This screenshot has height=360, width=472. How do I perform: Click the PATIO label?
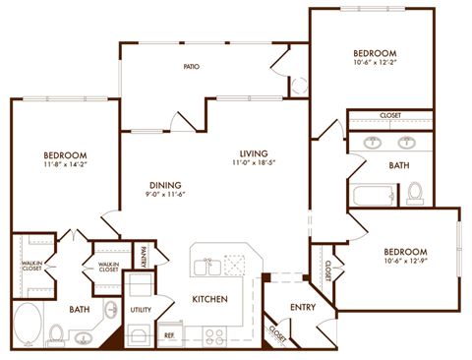point(193,68)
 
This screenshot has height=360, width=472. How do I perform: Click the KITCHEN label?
point(210,298)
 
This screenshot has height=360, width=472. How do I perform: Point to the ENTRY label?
point(302,307)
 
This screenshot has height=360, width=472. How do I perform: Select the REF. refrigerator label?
point(169,335)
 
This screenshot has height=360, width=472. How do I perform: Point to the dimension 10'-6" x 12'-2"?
point(375,66)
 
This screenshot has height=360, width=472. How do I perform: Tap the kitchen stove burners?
point(215,334)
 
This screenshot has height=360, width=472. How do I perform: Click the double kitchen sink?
point(206,266)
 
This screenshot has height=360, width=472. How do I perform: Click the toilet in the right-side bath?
point(415,193)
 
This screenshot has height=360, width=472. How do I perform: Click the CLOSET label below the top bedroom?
point(389,115)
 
